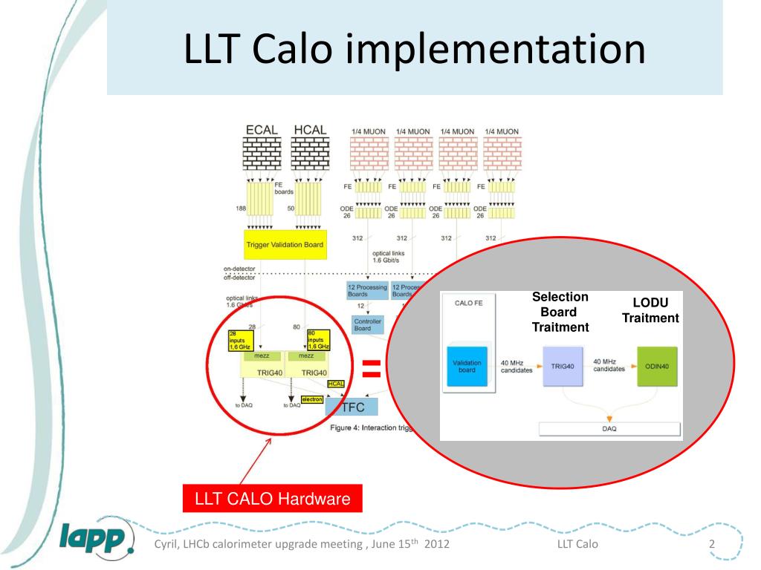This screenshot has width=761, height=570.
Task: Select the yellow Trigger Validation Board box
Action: click(285, 245)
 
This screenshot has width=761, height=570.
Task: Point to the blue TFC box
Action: click(352, 407)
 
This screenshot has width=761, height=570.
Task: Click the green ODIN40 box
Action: click(657, 366)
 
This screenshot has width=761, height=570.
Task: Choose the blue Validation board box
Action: click(467, 367)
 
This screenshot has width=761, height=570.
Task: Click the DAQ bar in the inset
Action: click(609, 429)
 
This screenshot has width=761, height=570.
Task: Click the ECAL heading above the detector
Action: click(262, 130)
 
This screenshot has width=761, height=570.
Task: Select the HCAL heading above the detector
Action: click(309, 130)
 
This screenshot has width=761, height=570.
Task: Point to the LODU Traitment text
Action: click(650, 310)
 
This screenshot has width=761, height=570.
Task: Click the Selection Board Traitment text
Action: click(560, 312)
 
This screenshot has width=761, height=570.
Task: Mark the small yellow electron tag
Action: click(312, 399)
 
